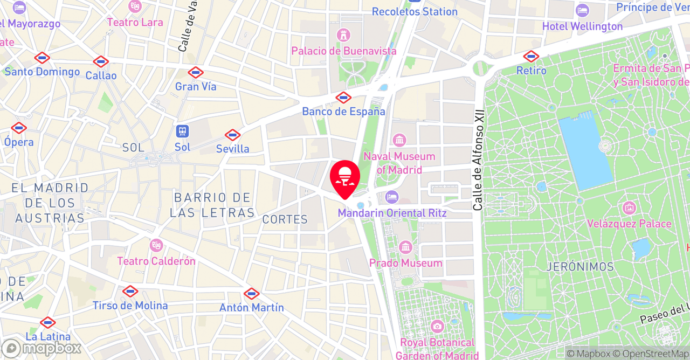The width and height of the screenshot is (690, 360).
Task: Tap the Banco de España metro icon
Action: (343, 98)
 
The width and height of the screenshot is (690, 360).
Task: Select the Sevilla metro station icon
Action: (232, 135)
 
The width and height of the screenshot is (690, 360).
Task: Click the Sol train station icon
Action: (182, 131)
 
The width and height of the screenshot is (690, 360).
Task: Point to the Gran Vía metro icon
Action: (196, 72)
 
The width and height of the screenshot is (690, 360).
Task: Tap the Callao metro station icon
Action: (101, 61)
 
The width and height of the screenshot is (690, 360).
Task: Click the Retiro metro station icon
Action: (531, 56)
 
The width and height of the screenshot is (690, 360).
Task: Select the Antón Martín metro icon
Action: (251, 294)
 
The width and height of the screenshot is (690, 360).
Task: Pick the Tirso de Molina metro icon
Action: (130, 292)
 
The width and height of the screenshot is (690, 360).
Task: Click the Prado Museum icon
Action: (405, 248)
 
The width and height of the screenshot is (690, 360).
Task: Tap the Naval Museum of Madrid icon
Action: (399, 141)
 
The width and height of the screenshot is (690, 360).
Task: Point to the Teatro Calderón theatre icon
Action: (156, 246)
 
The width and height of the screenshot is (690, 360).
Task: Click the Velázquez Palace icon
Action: (629, 208)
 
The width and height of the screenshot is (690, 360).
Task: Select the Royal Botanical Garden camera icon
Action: (437, 326)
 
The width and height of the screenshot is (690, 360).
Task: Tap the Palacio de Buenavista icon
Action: (343, 36)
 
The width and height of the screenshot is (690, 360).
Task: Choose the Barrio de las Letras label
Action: (212, 205)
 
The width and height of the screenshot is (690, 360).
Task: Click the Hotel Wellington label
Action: (582, 26)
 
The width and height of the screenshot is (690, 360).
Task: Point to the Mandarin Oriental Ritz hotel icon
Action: (392, 197)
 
